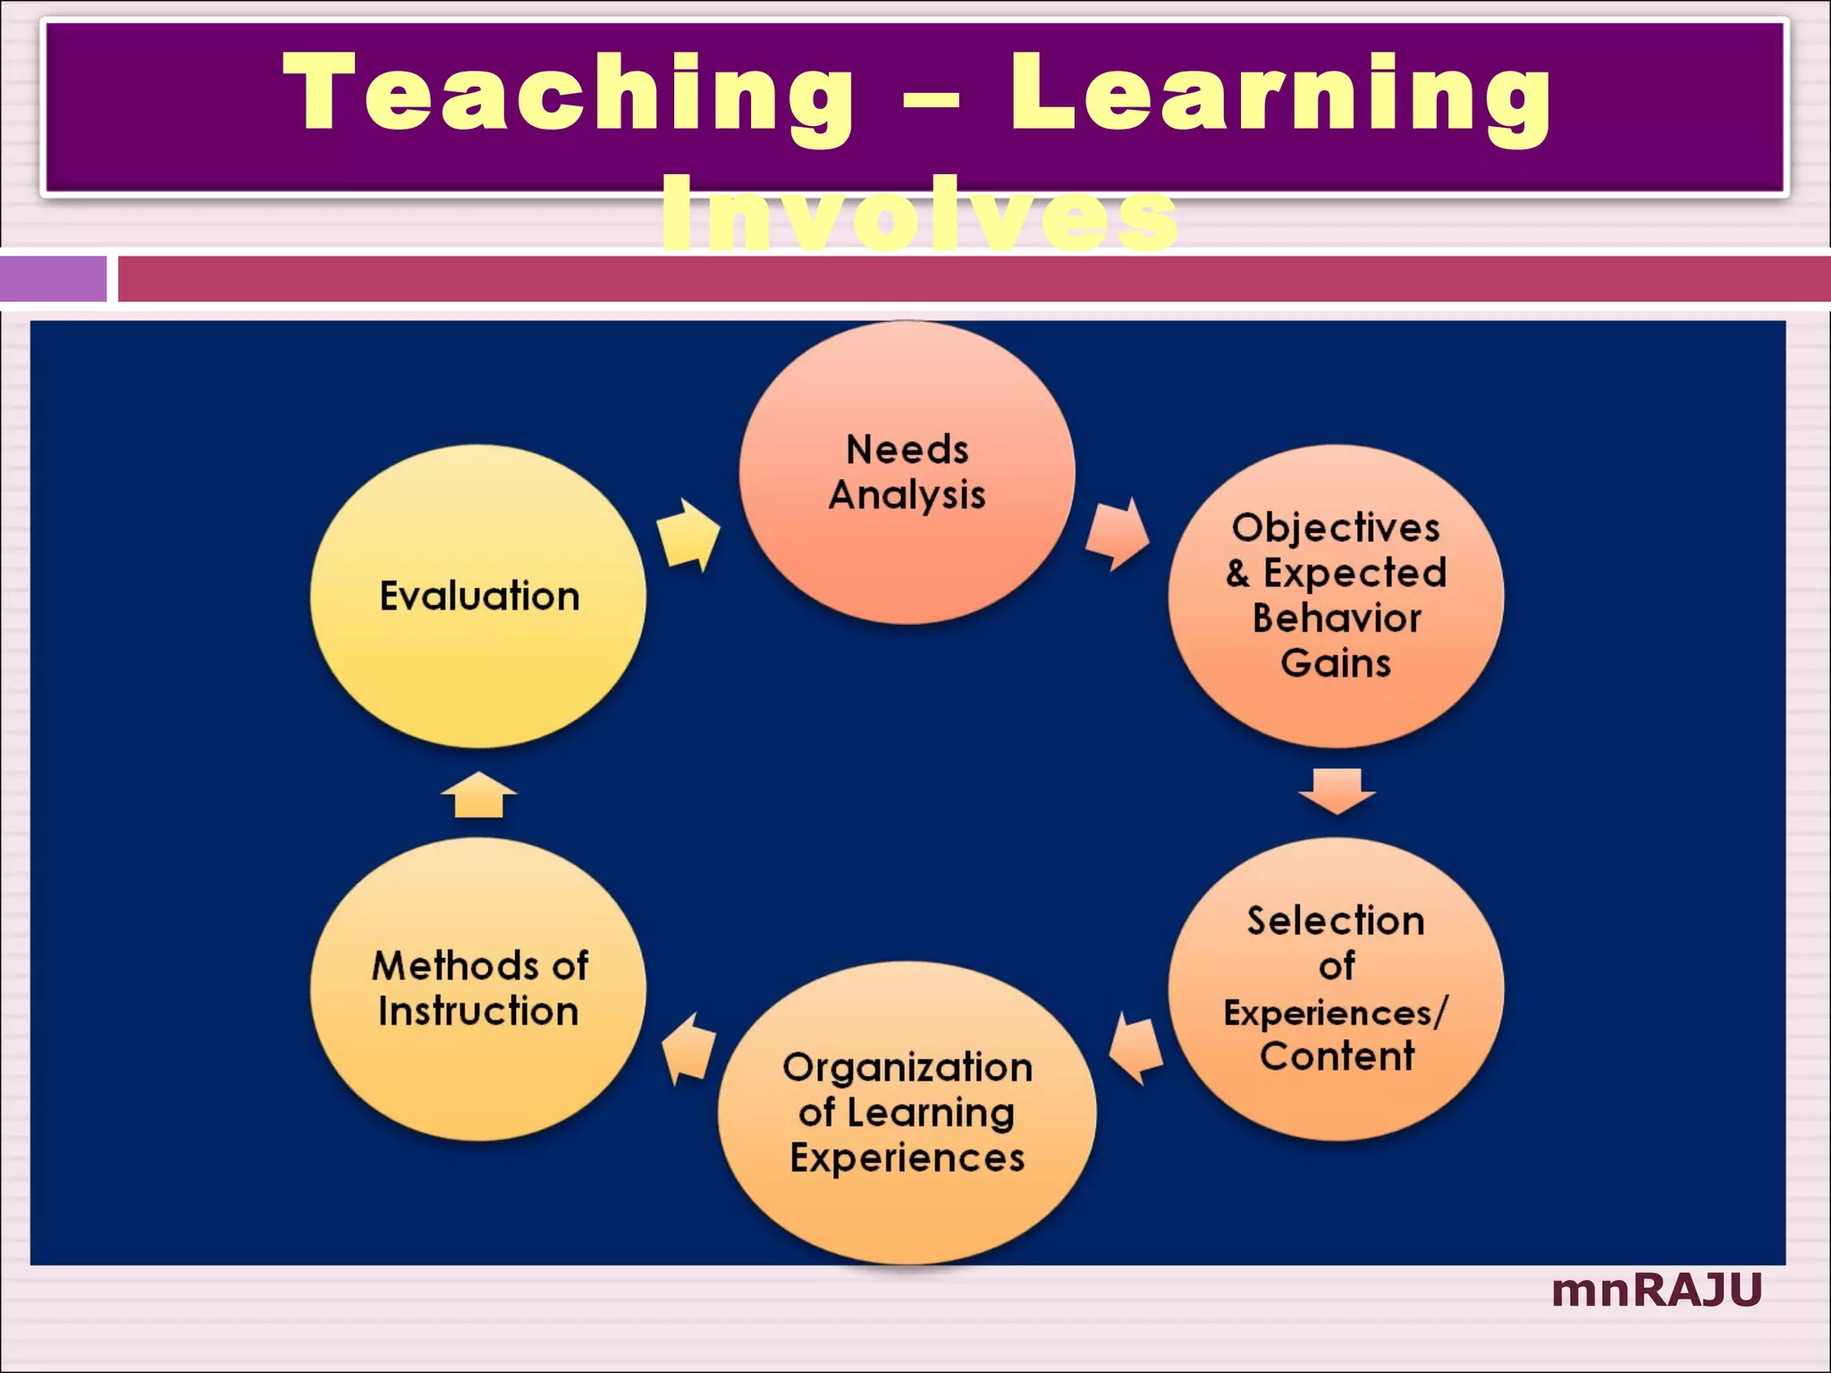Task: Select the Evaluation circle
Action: pos(478,596)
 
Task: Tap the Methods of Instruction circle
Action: pos(478,989)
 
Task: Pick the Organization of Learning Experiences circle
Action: pos(907,1112)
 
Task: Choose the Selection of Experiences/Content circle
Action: pos(1336,989)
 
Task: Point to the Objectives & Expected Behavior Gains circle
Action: pos(1336,596)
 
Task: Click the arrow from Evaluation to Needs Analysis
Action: pos(688,535)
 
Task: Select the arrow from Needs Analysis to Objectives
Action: pos(1117,535)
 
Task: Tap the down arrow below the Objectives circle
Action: pos(1337,790)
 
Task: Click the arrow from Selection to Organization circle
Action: pos(1136,1049)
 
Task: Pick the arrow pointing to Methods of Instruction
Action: pos(688,1049)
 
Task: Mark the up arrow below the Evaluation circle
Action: pos(479,795)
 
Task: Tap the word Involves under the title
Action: pos(919,215)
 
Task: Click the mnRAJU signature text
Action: pos(1657,1290)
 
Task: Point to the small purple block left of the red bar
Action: pos(54,278)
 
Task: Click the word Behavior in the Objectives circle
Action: pos(1337,619)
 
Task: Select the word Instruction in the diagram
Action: pos(478,1012)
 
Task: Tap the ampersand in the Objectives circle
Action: pos(1238,573)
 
